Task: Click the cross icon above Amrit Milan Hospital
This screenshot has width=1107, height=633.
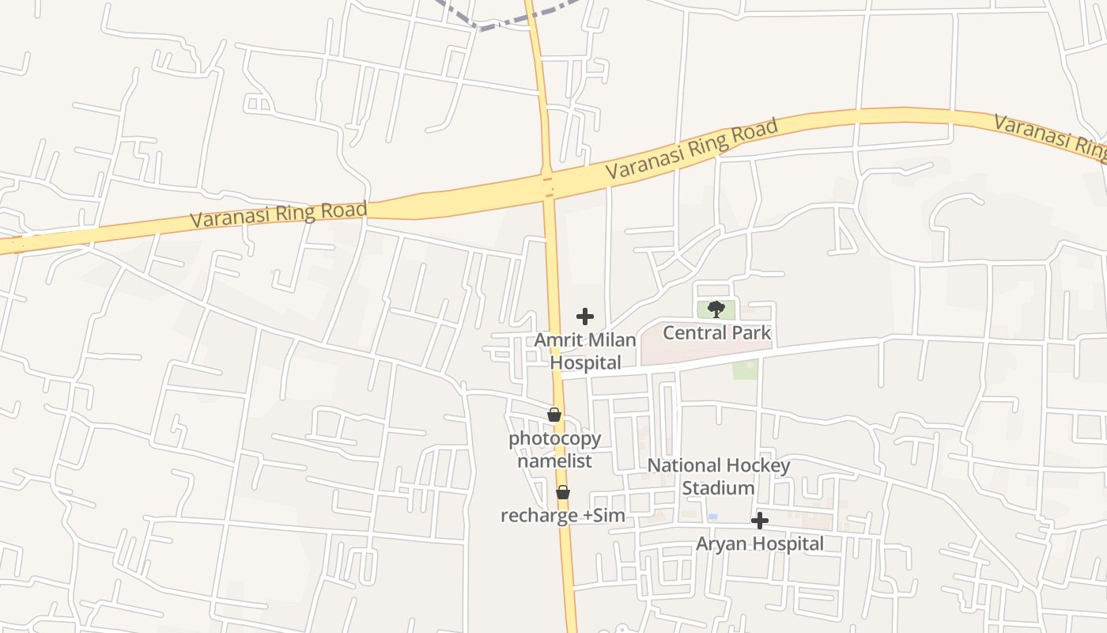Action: click(585, 316)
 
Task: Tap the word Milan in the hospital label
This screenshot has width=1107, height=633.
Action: click(611, 340)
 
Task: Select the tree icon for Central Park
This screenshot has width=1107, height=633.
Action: click(716, 309)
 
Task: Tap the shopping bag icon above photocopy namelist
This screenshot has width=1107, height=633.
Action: click(554, 415)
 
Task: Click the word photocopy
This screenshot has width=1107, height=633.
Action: click(554, 438)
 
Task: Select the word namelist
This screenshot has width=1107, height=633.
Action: click(554, 461)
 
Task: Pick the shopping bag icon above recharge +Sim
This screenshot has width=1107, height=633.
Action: click(563, 492)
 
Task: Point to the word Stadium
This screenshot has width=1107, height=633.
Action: click(718, 488)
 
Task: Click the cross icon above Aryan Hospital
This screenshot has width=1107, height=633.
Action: click(760, 521)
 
